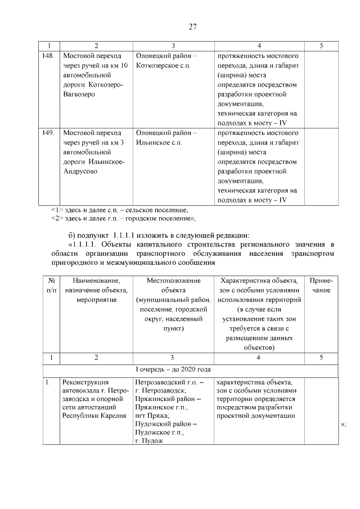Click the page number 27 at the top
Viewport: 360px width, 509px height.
tap(191, 26)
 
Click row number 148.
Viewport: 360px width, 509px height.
tap(48, 56)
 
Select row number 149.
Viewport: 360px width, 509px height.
tap(48, 133)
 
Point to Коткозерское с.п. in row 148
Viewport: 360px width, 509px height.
tap(163, 66)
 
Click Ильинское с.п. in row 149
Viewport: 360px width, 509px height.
tap(159, 142)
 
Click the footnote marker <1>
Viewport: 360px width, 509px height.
tap(56, 209)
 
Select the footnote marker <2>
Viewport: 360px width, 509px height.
tap(56, 218)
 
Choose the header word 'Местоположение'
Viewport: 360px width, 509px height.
tap(172, 280)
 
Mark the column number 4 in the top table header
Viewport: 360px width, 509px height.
tap(259, 46)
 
